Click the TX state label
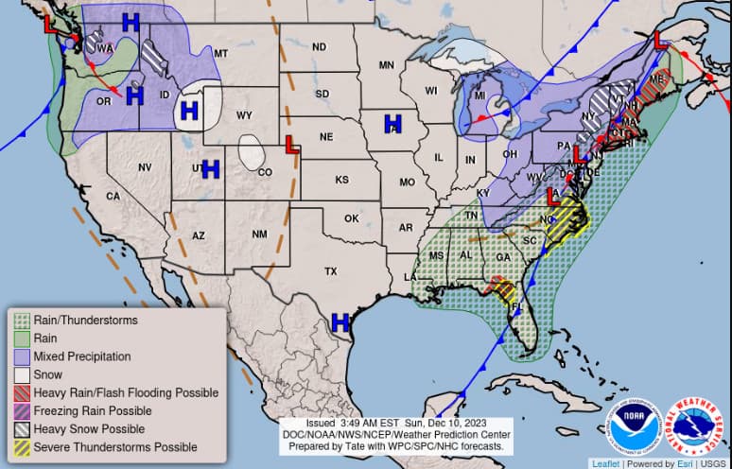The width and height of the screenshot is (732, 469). tap(331, 271)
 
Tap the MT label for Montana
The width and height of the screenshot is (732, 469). tap(221, 54)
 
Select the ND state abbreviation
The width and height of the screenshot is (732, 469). tap(319, 46)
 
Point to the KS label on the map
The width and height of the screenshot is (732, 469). tap(341, 180)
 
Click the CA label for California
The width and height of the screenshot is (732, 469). tap(113, 196)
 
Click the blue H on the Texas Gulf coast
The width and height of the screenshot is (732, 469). tap(341, 322)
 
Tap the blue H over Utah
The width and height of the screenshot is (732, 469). tap(210, 169)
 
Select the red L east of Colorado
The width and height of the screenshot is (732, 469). tap(293, 145)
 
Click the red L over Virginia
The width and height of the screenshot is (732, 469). tap(552, 196)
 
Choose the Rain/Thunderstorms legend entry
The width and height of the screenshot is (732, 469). tap(85, 321)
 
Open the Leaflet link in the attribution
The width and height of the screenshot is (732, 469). tap(606, 463)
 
